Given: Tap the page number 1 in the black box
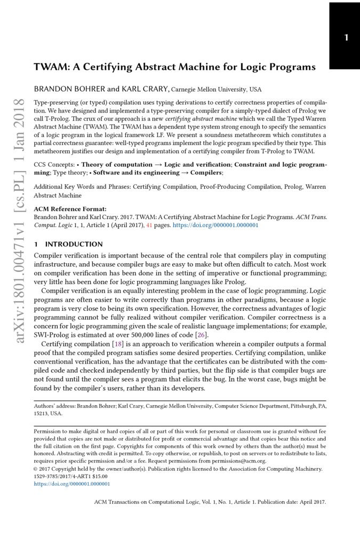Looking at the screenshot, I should pyautogui.click(x=346, y=37).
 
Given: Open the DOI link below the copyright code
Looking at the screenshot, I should pyautogui.click(x=71, y=484).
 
